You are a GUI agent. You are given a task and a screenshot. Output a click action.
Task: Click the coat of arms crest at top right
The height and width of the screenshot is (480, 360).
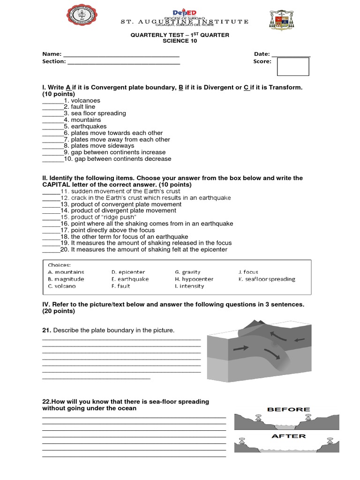click(281, 20)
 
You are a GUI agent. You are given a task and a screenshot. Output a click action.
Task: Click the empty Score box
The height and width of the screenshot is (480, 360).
click(293, 67)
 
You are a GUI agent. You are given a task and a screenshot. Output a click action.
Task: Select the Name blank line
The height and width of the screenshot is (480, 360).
click(121, 55)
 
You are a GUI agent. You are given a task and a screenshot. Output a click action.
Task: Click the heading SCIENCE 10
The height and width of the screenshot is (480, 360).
click(180, 41)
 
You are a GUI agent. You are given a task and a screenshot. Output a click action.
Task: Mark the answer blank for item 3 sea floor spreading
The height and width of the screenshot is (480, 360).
click(52, 113)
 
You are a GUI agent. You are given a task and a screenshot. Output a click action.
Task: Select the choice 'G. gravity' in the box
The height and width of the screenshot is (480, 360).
click(187, 272)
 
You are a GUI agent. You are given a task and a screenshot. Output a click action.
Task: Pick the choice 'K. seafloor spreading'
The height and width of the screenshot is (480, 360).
click(267, 279)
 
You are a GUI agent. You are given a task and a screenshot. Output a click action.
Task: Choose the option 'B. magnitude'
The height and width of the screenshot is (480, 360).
click(66, 279)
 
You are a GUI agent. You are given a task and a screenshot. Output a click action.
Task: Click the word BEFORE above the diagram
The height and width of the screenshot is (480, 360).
click(288, 409)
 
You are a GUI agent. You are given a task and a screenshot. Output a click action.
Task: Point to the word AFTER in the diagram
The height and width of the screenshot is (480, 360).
click(288, 436)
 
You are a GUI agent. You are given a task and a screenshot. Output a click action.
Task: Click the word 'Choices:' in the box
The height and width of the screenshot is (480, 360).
click(59, 265)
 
